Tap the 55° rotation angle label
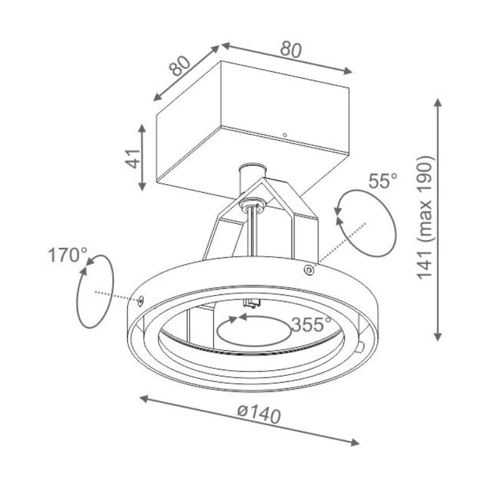point(382,180)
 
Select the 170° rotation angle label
point(68,255)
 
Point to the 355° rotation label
point(311,324)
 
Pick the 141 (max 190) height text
point(425,216)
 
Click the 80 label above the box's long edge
point(291,49)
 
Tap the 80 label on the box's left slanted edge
point(179,66)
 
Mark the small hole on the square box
point(285,135)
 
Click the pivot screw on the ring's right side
point(309,270)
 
